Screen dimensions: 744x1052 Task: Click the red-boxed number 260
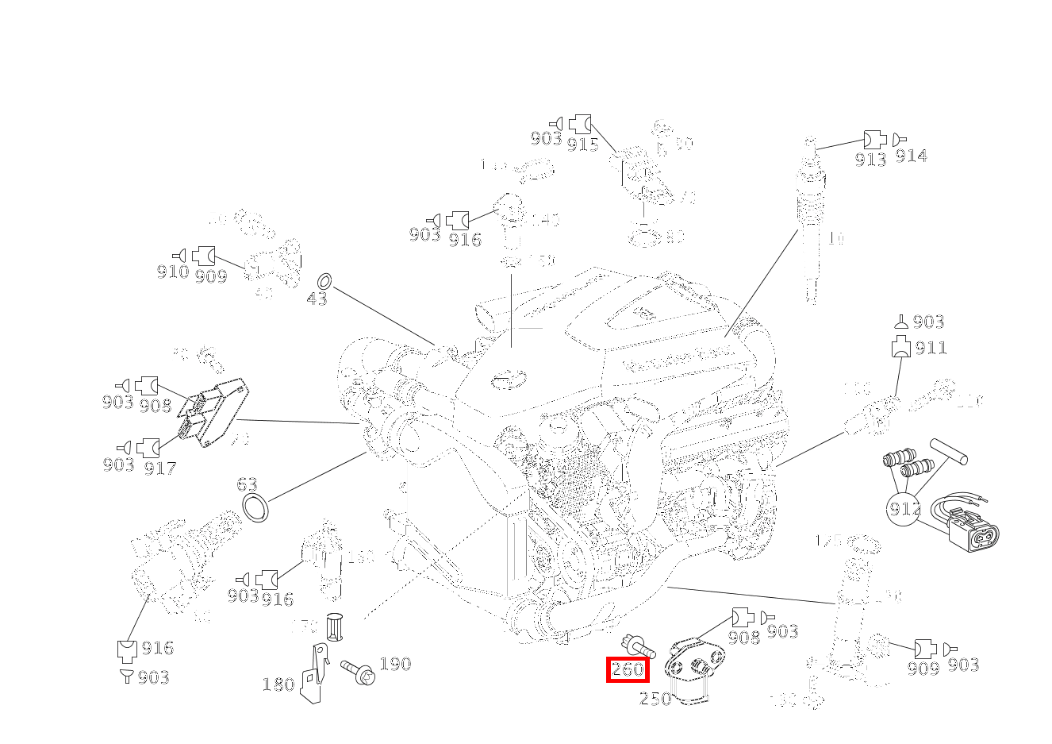pyautogui.click(x=628, y=669)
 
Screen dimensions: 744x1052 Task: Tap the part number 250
pyautogui.click(x=655, y=699)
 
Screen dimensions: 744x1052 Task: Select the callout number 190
pyautogui.click(x=395, y=664)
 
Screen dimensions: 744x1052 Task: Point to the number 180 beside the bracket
pyautogui.click(x=278, y=684)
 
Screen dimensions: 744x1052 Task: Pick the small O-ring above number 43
pyautogui.click(x=324, y=281)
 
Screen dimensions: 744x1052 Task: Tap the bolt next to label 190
pyautogui.click(x=358, y=671)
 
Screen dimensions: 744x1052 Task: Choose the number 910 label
pyautogui.click(x=172, y=272)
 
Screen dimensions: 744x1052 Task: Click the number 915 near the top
pyautogui.click(x=582, y=144)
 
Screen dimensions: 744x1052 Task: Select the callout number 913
pyautogui.click(x=870, y=159)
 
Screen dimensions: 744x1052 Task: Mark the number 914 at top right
pyautogui.click(x=911, y=156)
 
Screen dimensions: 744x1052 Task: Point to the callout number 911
pyautogui.click(x=931, y=348)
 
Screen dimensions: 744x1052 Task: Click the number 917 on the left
pyautogui.click(x=159, y=468)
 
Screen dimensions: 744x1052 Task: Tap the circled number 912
pyautogui.click(x=904, y=508)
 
